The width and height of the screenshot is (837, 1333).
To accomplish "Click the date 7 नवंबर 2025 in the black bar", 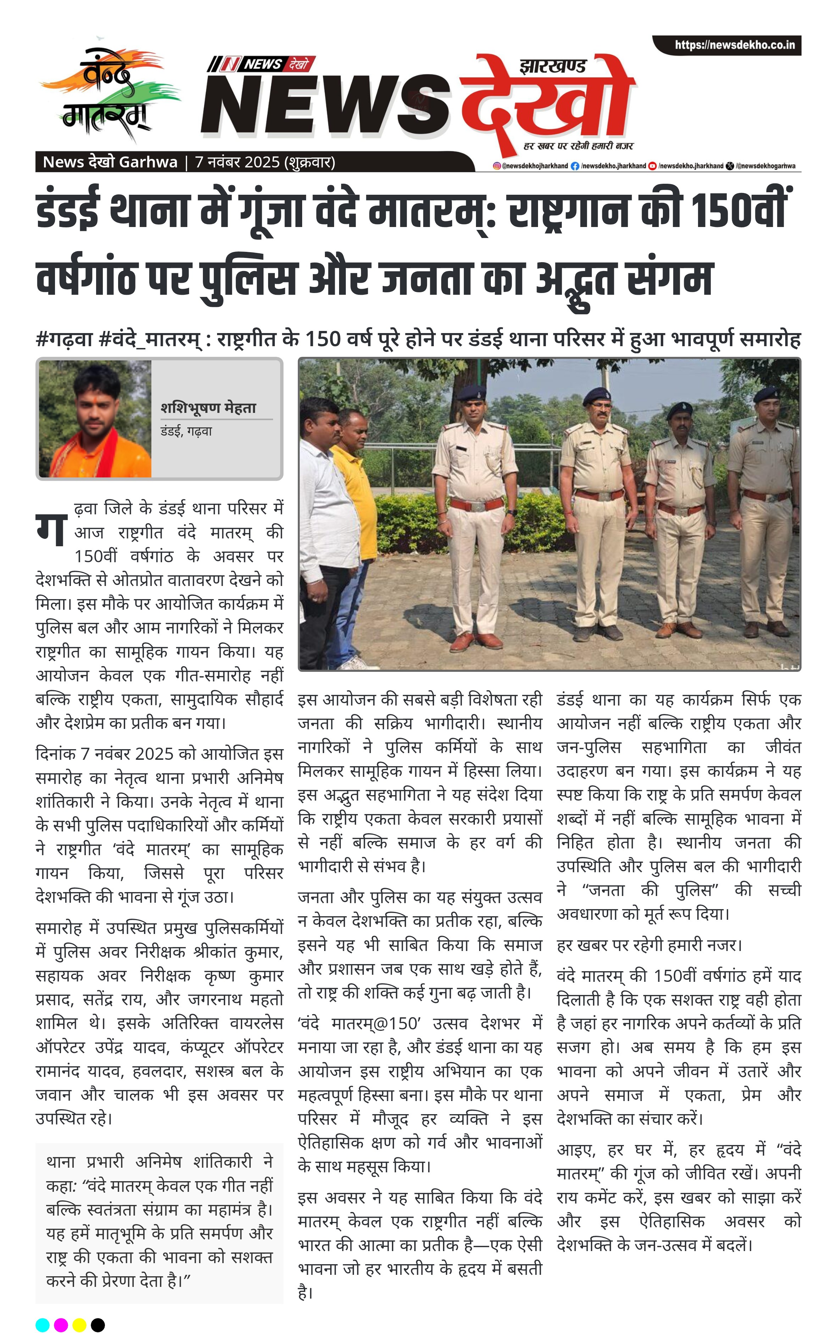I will [237, 162].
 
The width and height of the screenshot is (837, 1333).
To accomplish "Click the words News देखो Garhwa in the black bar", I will [110, 162].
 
